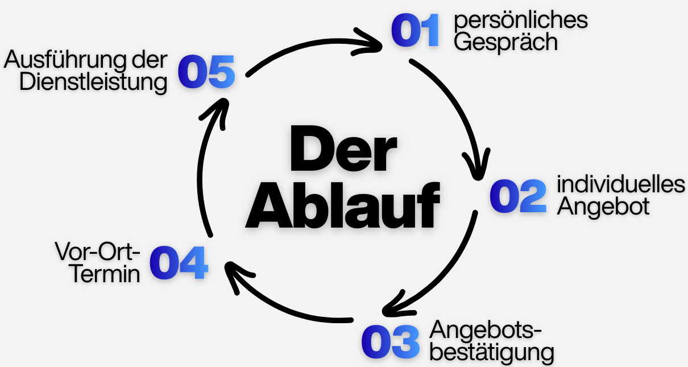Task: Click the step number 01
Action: coord(416,31)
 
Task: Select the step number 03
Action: coord(390,342)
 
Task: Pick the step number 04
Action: coord(178,262)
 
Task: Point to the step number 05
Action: coord(206,72)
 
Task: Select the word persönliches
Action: coord(520,21)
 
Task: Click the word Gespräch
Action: coord(505,43)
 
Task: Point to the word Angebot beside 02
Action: coord(603,207)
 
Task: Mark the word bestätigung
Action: coord(492,352)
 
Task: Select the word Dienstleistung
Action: coord(93,82)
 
